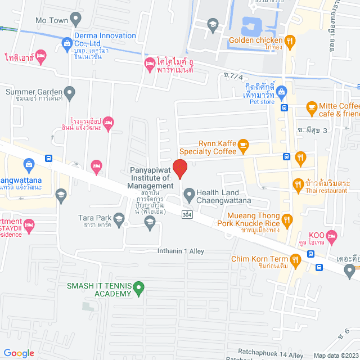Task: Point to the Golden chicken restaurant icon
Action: click(290, 40)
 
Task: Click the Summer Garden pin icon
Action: click(69, 92)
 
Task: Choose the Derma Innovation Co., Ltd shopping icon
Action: click(67, 42)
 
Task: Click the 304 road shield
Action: click(187, 214)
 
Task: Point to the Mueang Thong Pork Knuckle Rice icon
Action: click(287, 219)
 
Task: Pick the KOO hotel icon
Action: click(331, 235)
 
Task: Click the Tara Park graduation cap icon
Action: click(119, 218)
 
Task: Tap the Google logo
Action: click(19, 353)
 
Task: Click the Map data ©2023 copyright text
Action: click(336, 355)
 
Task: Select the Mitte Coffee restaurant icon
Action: click(310, 106)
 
